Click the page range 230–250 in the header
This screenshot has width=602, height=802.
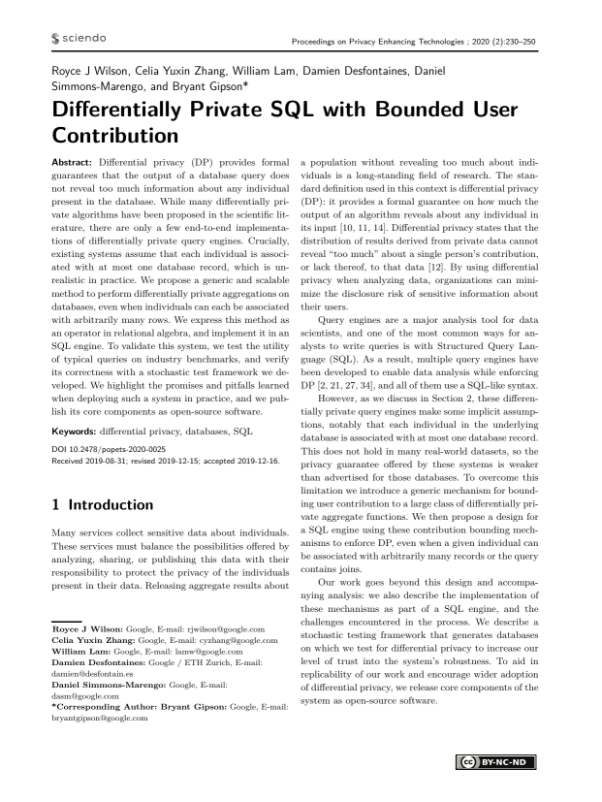coord(545,40)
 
